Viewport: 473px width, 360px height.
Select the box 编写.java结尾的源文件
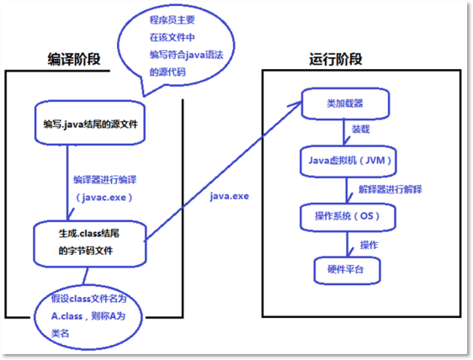coord(91,124)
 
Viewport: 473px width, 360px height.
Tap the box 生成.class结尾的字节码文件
coord(90,243)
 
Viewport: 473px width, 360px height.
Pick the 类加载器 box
coord(345,103)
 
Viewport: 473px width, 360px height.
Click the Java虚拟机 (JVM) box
coord(345,158)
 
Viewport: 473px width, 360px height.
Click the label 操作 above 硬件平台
coord(369,244)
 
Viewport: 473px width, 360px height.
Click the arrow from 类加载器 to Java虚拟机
coord(345,131)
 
